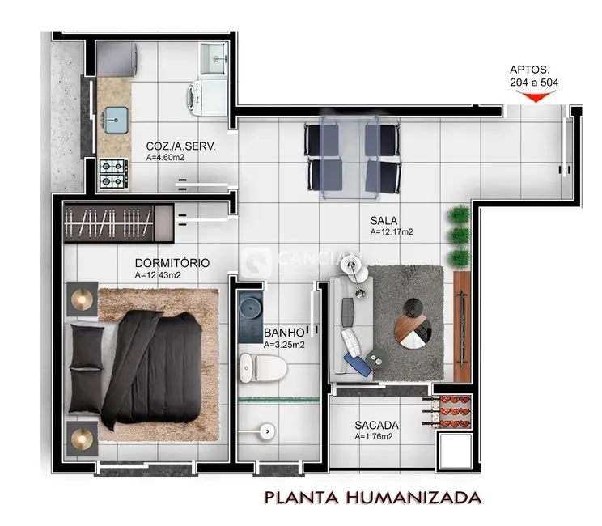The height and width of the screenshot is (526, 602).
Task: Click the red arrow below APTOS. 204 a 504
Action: [535, 97]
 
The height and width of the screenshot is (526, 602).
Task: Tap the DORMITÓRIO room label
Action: [172, 264]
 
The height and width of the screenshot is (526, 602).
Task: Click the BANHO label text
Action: [284, 333]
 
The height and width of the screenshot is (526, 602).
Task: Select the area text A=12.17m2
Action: [392, 232]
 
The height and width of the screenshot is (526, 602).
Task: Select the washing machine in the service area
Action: [194, 98]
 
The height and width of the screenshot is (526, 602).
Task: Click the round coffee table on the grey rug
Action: [414, 325]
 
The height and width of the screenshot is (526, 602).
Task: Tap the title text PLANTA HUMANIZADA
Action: [374, 496]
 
